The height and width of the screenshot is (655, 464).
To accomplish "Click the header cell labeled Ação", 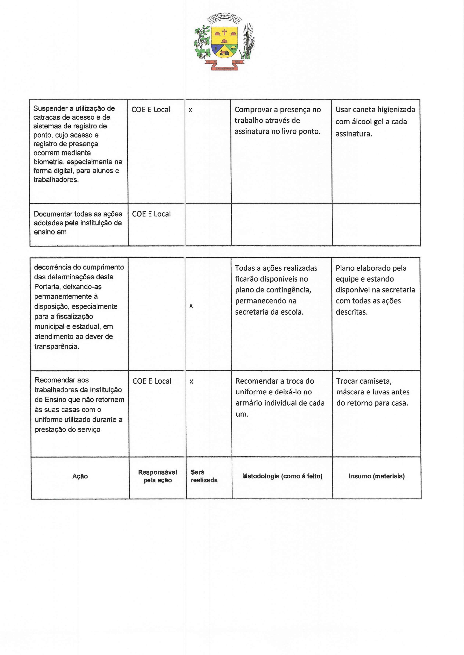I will (80, 476).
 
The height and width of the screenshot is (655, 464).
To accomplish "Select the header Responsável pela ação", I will (158, 476).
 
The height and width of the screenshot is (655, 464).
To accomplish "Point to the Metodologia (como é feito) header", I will (282, 476).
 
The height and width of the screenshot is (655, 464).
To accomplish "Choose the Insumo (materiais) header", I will (377, 476).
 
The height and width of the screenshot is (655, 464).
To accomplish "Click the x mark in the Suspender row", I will (190, 110).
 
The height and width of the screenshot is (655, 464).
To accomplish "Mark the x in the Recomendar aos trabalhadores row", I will (191, 381).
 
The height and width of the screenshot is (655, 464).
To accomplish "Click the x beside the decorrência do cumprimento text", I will (191, 306).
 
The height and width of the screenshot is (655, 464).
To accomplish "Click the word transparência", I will (56, 346).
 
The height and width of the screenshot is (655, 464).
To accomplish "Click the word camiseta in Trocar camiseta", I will (374, 381).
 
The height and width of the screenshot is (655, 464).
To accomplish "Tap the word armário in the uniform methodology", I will (248, 403).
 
